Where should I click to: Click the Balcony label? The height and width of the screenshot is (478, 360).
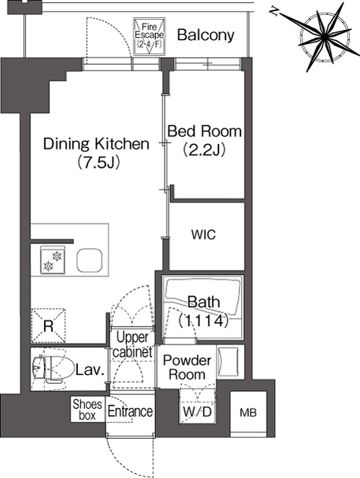[206, 35]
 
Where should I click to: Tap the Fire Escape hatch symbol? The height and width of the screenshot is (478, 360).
[149, 36]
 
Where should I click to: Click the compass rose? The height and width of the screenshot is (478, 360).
[325, 37]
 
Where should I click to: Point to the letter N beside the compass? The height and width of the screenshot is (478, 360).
[273, 11]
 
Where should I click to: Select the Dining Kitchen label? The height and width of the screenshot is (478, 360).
[96, 143]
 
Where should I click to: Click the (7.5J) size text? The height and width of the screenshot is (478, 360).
[98, 162]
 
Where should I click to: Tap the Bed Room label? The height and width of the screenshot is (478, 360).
[205, 131]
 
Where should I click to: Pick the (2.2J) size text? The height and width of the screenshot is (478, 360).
[204, 150]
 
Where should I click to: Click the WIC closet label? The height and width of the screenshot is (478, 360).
[203, 235]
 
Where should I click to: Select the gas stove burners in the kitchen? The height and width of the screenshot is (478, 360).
[53, 261]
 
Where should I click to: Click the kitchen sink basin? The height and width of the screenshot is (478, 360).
[89, 261]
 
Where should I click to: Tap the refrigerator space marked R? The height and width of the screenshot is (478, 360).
[49, 325]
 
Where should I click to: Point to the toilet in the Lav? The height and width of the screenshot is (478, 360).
[54, 367]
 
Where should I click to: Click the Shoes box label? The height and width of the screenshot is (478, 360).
[87, 409]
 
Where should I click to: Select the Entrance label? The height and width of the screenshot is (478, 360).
[130, 411]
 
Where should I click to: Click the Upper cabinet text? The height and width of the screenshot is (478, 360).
[132, 345]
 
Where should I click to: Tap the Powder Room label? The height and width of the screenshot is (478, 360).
[187, 367]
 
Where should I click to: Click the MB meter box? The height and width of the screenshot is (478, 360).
[248, 413]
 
